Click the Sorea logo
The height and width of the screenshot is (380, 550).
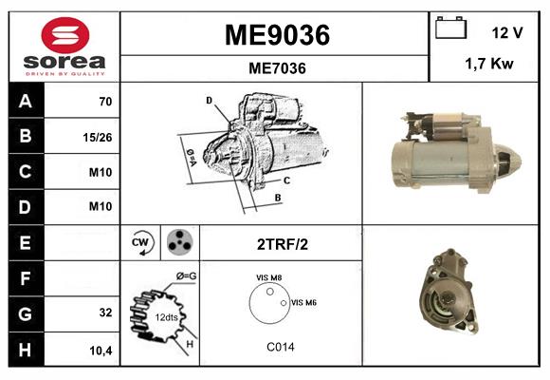pos(64,47)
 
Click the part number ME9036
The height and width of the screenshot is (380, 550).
pos(276,35)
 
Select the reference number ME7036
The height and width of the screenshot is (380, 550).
pos(276,68)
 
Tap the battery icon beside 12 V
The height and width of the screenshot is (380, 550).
pos(450,30)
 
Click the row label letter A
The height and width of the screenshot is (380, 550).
pos(25,101)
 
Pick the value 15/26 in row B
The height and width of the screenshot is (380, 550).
pos(98,137)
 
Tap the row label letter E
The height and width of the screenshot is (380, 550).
pos(25,243)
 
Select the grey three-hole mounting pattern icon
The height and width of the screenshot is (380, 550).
pos(178,243)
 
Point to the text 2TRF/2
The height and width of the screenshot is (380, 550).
pos(281,244)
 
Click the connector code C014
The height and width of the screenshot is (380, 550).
pos(280,347)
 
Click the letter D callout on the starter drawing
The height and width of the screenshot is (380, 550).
pos(209,100)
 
